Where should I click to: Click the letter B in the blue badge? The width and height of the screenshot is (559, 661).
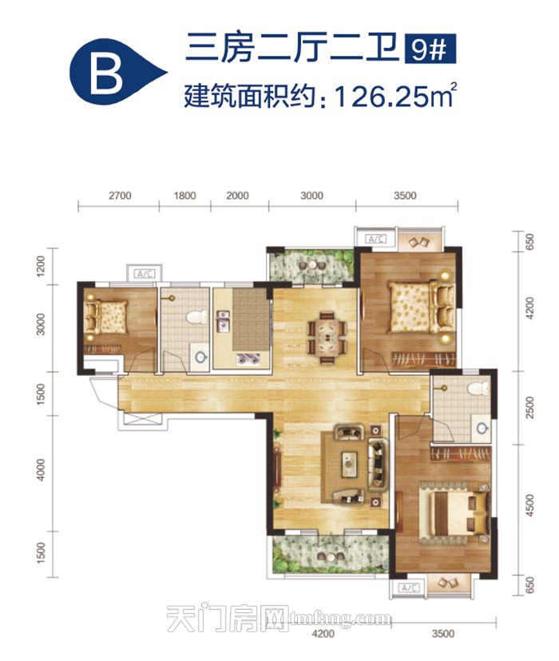click(x=107, y=76)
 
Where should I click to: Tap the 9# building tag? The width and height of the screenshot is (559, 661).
click(x=430, y=49)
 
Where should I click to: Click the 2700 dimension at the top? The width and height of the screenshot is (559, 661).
click(x=120, y=196)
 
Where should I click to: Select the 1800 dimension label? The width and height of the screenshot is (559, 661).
click(x=184, y=196)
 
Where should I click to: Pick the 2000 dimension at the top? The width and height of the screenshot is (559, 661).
click(x=237, y=196)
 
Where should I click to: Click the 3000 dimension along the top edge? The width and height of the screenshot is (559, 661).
click(x=312, y=196)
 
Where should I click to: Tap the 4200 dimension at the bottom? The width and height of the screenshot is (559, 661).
click(x=324, y=634)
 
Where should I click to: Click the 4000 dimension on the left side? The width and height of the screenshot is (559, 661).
click(x=41, y=469)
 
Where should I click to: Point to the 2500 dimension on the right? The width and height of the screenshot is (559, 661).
click(x=530, y=407)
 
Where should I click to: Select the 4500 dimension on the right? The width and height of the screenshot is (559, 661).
click(x=530, y=505)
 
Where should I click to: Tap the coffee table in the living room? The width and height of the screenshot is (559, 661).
click(x=349, y=464)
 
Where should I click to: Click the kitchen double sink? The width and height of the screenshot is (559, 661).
click(x=223, y=322)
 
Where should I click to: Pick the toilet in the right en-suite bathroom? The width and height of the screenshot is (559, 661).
click(x=479, y=388)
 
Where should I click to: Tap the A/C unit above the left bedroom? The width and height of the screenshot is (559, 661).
click(x=145, y=274)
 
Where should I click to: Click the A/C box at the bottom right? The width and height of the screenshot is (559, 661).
click(x=408, y=588)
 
